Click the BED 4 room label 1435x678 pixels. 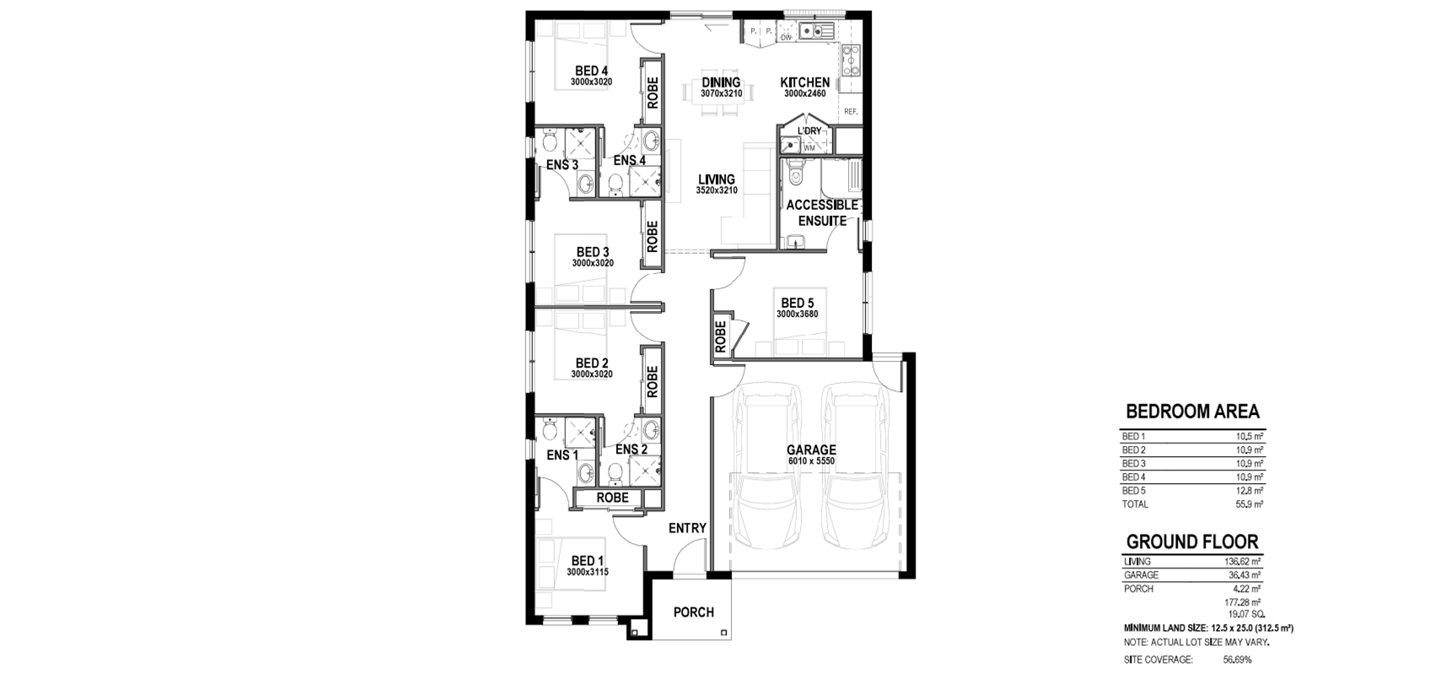pyautogui.click(x=142, y=71)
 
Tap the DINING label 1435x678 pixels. pyautogui.click(x=721, y=82)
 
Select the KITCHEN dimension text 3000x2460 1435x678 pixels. pyautogui.click(x=804, y=94)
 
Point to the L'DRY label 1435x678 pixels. pyautogui.click(x=809, y=131)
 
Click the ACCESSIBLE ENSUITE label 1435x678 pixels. pyautogui.click(x=822, y=213)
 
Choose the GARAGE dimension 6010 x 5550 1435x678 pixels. pyautogui.click(x=811, y=461)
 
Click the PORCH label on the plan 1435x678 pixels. pyautogui.click(x=693, y=612)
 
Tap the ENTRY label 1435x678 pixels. pyautogui.click(x=687, y=528)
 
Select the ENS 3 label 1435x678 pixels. pyautogui.click(x=562, y=164)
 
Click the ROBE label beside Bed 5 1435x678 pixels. pyautogui.click(x=720, y=336)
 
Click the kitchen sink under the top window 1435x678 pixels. pyautogui.click(x=815, y=30)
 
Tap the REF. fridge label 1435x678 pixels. pyautogui.click(x=851, y=111)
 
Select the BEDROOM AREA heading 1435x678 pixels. pyautogui.click(x=1192, y=411)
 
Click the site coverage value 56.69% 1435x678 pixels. pyautogui.click(x=1236, y=659)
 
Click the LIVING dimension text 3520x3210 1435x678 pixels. pyautogui.click(x=717, y=191)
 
